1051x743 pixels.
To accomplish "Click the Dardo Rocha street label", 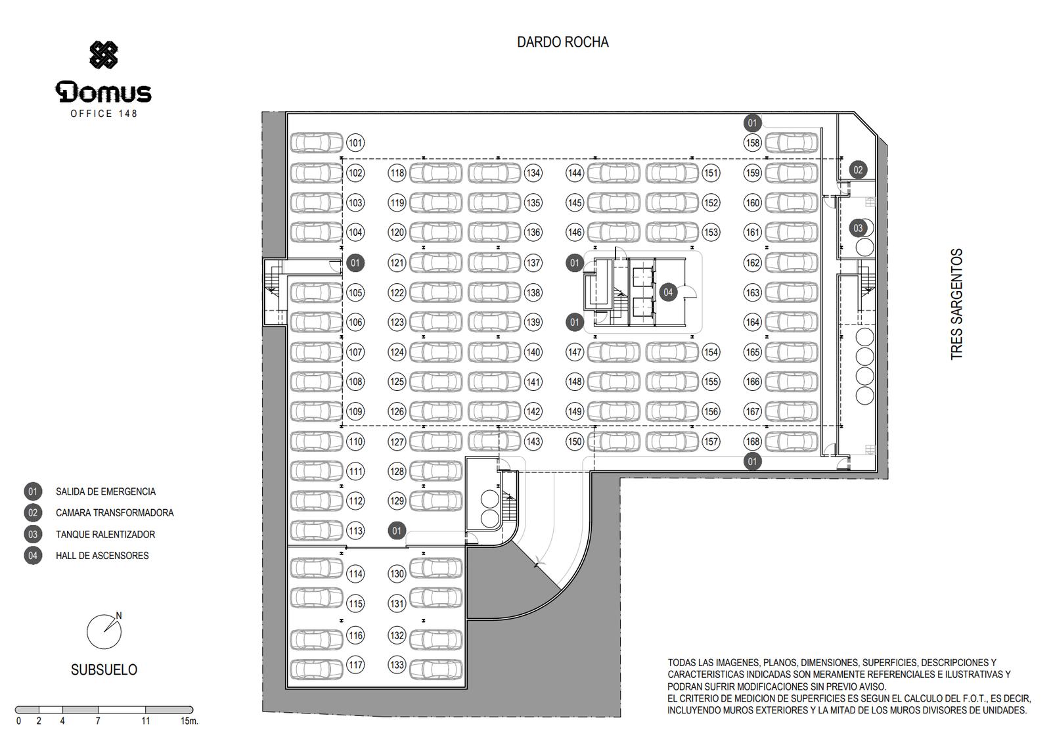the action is click(x=562, y=42).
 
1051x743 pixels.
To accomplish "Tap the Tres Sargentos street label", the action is click(x=956, y=304).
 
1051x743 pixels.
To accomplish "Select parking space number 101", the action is click(x=355, y=143).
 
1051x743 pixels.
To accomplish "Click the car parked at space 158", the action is click(x=792, y=143).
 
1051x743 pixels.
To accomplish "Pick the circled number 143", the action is click(x=533, y=441).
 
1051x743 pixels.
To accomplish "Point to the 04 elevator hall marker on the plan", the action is click(x=668, y=292).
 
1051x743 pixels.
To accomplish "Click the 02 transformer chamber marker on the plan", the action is click(x=858, y=170).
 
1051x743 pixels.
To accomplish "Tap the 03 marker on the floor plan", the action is click(x=858, y=228).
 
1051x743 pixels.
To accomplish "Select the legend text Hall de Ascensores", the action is click(x=102, y=556).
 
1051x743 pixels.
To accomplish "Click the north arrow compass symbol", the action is click(x=105, y=631).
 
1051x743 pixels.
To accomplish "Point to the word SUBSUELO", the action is click(x=104, y=670).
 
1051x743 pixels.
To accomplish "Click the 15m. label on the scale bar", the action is click(x=189, y=721).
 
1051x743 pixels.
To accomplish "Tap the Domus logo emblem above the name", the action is click(x=104, y=55).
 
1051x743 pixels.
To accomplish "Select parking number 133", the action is click(x=397, y=665).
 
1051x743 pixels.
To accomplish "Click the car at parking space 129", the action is click(x=436, y=501).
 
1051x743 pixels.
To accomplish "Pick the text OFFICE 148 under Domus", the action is click(x=104, y=114).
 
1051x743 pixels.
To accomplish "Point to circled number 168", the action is click(x=753, y=441).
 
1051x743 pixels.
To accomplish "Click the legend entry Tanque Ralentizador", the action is click(x=105, y=534).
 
